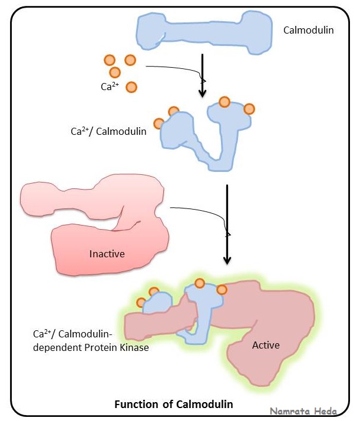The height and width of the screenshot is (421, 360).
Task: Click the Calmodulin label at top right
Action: click(x=308, y=29)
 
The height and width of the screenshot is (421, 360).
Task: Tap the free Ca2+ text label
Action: click(x=110, y=87)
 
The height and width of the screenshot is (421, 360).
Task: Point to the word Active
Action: click(x=266, y=344)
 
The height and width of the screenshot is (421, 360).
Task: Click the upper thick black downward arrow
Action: click(x=202, y=75)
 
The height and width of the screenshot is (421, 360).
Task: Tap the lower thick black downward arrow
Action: click(x=227, y=224)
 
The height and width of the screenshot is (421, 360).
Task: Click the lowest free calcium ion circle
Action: click(x=131, y=87)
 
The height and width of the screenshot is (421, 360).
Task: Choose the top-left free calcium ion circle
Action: click(x=109, y=60)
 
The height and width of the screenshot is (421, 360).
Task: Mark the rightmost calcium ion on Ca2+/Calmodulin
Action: click(x=249, y=109)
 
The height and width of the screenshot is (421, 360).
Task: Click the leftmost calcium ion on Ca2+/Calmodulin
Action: click(x=158, y=124)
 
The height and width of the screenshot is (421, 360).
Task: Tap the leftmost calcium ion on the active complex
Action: click(x=141, y=303)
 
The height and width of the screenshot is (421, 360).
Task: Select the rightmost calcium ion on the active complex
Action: click(x=222, y=290)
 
